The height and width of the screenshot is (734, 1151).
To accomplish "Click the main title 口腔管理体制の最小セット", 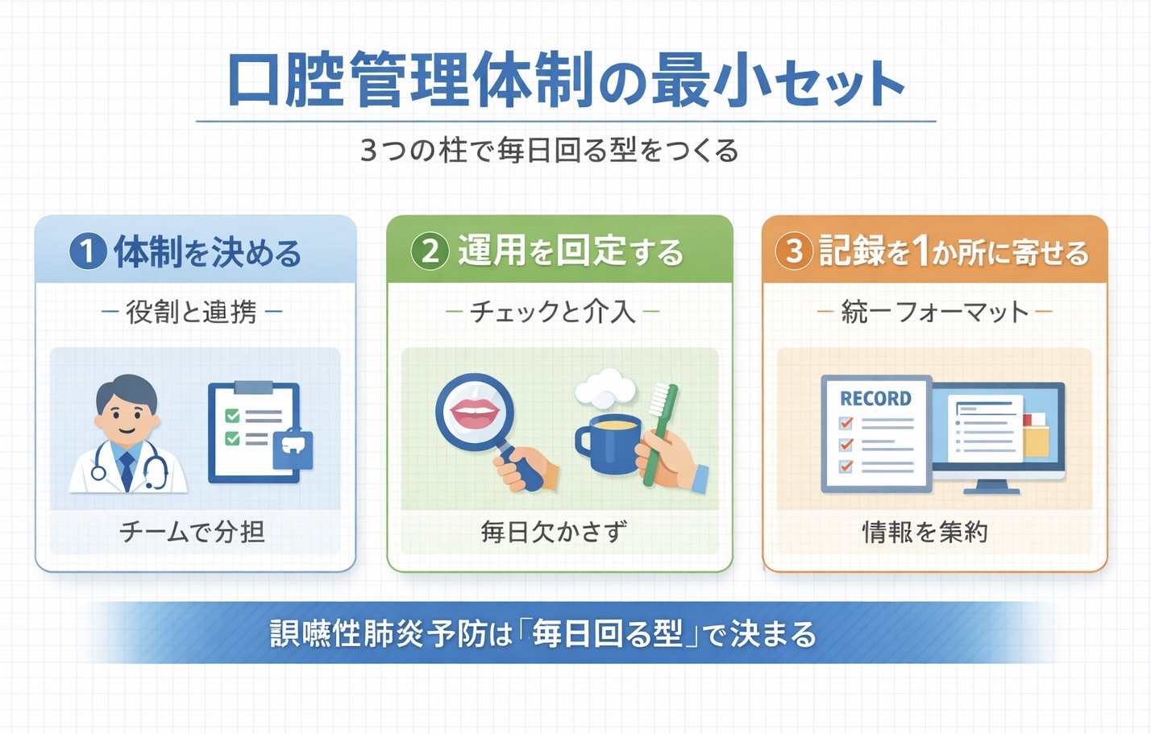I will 565,81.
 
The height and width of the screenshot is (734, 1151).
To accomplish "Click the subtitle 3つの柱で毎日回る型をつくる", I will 549,151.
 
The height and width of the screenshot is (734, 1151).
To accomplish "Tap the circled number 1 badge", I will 88,251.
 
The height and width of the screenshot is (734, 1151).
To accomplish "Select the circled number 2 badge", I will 430,251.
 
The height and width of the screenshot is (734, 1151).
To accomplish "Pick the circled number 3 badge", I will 794,251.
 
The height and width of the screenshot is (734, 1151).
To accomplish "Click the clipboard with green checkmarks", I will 253,431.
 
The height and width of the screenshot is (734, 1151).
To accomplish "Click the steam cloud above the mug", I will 605,388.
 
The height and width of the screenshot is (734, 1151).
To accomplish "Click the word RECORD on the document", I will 875,399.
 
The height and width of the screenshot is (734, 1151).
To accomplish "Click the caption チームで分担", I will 193,532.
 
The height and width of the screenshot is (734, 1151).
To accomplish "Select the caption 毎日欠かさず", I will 554,532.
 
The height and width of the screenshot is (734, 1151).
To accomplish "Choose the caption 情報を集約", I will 925,532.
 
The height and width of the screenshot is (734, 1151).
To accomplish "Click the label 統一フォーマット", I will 935,312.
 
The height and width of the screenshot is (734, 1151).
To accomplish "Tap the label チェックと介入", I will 553,312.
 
